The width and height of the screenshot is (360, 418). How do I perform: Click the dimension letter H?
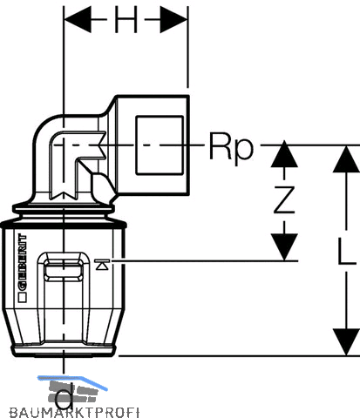click(126, 20)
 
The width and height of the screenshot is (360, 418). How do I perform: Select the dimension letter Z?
click(284, 199)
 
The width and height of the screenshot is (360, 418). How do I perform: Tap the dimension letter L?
click(347, 251)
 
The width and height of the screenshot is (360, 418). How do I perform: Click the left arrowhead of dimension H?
click(78, 20)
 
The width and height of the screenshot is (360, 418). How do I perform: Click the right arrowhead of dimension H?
click(173, 20)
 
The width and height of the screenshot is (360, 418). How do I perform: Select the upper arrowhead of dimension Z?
click(284, 154)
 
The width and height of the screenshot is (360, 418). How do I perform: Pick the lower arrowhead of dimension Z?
click(284, 246)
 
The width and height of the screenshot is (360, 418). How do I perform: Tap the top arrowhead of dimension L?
click(346, 159)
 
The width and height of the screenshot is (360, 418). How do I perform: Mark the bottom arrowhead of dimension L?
click(346, 342)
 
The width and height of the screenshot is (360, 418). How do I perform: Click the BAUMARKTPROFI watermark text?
click(74, 412)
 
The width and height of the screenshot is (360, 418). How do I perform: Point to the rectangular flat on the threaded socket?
click(160, 145)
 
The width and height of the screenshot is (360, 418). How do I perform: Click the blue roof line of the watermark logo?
click(72, 381)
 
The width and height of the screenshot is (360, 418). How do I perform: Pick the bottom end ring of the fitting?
click(64, 351)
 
